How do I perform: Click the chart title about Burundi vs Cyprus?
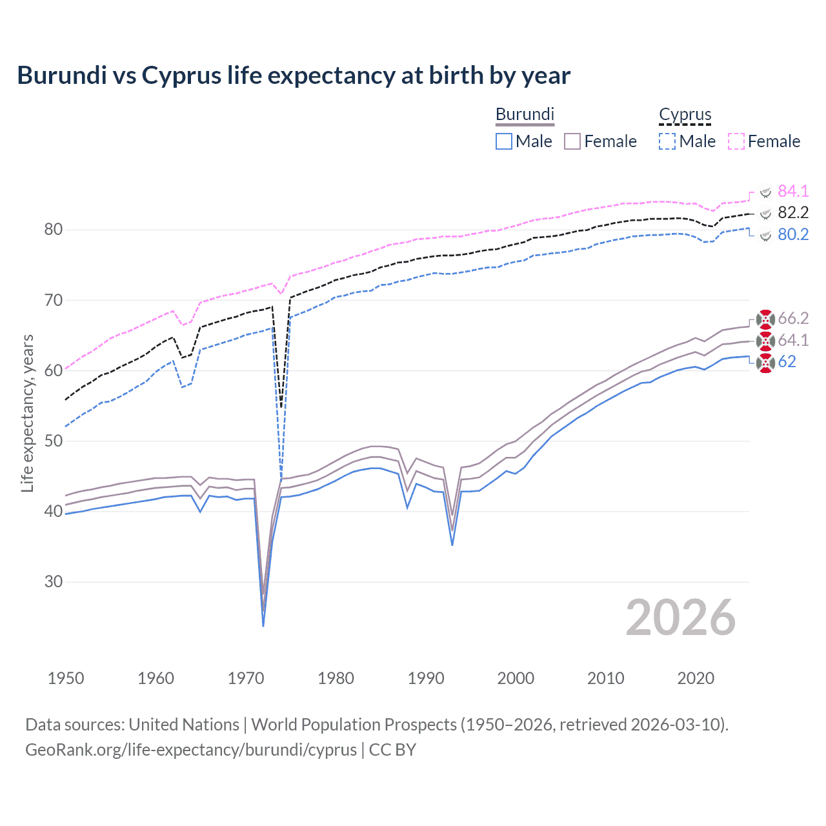coord(294,76)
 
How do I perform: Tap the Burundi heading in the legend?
coord(525,114)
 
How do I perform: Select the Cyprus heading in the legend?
coord(685,114)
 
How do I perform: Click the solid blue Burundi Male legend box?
coord(504,141)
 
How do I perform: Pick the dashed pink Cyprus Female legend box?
coord(736,141)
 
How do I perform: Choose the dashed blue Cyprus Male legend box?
coord(667,141)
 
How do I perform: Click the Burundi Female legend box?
coord(572,141)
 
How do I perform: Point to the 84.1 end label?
coord(793,191)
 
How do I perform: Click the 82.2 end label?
coord(793,212)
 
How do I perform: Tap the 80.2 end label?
coord(793,234)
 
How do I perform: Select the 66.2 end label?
coord(793,318)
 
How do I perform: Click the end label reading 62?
coord(787,361)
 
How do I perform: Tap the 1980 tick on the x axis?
coord(336,678)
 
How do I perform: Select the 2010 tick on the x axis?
coord(605,678)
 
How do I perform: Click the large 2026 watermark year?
coord(680,618)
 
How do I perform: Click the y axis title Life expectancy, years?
coord(27,413)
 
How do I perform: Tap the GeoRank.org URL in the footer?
coord(191,750)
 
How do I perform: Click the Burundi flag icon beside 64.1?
coord(765,341)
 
